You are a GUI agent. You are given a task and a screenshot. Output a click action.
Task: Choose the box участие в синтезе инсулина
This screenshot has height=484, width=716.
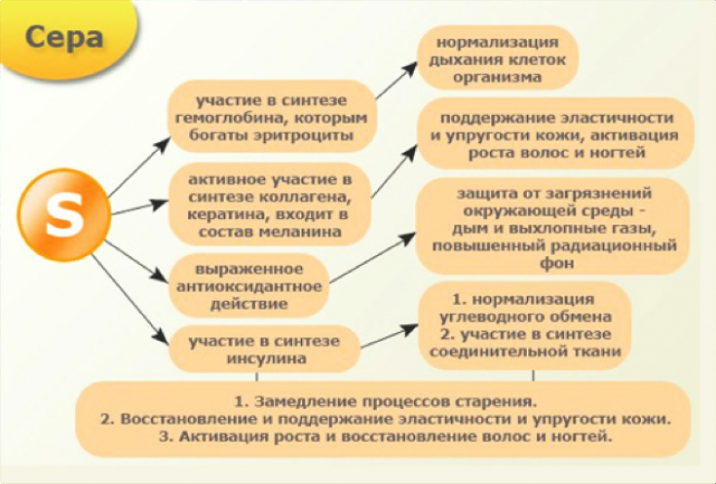pos(264,349)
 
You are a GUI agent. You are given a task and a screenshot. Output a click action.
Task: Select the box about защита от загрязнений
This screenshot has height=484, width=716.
pos(554,228)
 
